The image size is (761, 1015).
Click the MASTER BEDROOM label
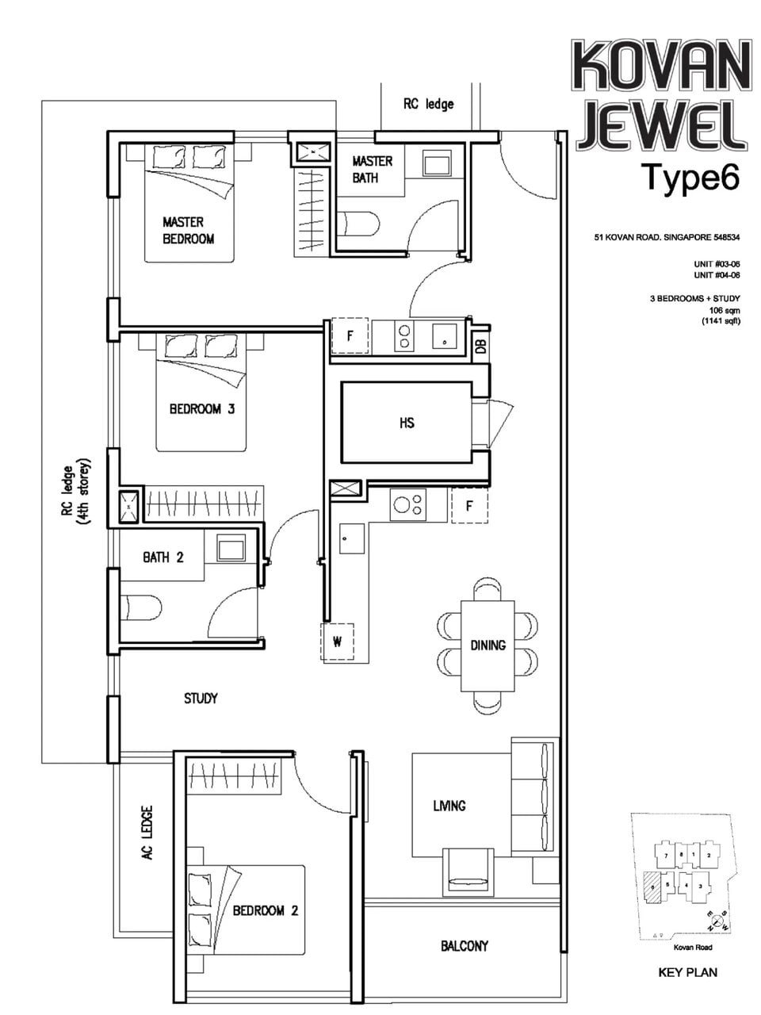(189, 230)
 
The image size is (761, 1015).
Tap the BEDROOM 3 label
(201, 409)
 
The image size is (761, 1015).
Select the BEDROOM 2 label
(265, 910)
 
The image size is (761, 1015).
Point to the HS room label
(407, 423)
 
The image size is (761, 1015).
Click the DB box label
(480, 345)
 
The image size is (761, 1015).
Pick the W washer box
(337, 642)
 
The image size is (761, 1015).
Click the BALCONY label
(465, 945)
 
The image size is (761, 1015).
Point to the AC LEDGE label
(147, 833)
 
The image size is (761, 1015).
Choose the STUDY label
(201, 699)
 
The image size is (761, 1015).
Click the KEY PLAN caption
(687, 971)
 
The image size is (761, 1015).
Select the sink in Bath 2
(232, 547)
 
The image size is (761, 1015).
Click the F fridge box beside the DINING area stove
(469, 505)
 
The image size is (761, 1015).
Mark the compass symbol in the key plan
(719, 921)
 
